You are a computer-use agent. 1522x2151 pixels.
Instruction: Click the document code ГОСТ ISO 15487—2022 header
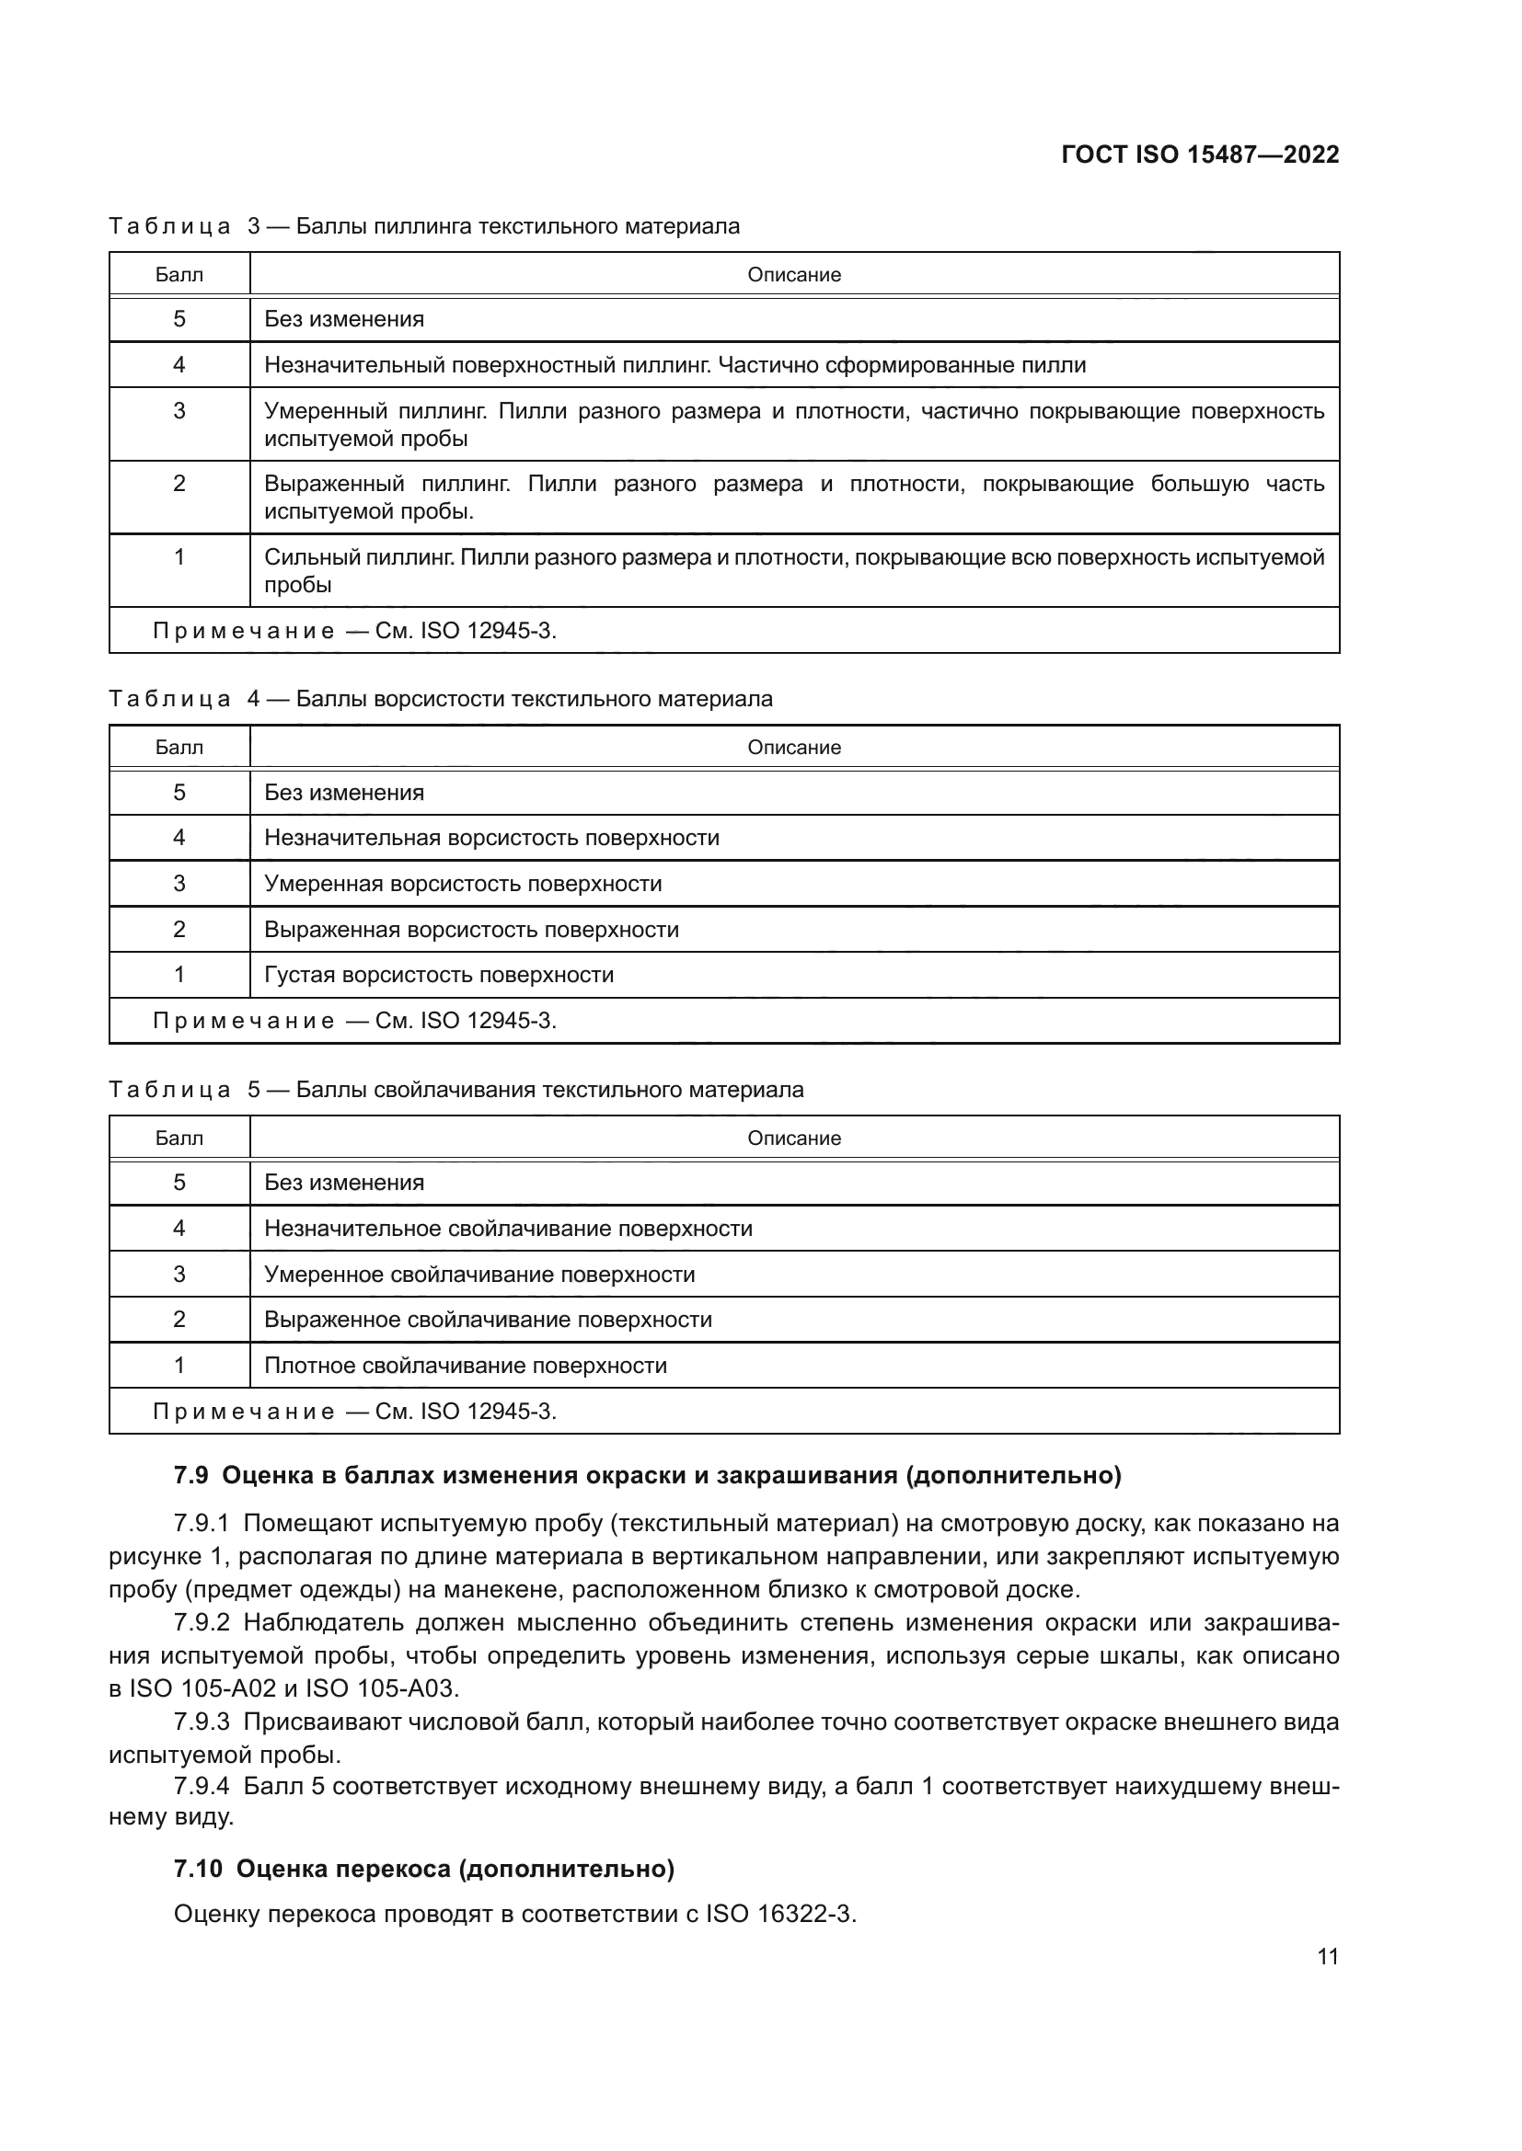[1200, 154]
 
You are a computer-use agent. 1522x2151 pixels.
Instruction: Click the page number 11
[1327, 1957]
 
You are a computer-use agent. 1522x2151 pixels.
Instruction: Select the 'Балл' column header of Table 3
[179, 274]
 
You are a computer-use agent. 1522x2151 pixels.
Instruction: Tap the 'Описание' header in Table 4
[794, 748]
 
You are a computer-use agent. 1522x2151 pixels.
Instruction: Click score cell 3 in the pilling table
[179, 411]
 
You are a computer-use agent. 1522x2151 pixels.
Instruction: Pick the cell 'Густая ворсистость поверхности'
[439, 975]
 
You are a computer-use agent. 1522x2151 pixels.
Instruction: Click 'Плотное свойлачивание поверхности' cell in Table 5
[465, 1366]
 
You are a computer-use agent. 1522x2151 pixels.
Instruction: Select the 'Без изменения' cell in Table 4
[344, 793]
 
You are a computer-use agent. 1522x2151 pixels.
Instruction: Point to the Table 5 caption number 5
[254, 1090]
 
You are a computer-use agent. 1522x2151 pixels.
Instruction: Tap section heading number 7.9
[191, 1475]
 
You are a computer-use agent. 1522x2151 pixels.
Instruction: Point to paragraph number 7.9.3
[202, 1722]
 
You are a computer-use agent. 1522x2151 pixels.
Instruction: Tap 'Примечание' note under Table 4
[244, 1021]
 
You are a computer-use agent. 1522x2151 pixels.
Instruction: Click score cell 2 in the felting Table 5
[179, 1320]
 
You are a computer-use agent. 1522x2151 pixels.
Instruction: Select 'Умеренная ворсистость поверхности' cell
[463, 885]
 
